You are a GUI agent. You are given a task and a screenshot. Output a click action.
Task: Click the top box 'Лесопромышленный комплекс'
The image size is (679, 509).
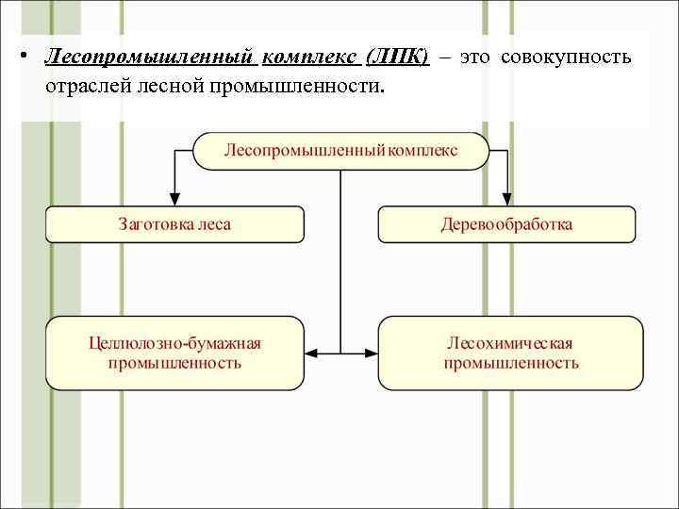pyautogui.click(x=340, y=151)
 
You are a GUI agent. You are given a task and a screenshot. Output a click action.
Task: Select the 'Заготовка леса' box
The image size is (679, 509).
pyautogui.click(x=174, y=224)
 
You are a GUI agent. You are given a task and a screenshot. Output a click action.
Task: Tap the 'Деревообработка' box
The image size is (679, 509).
pyautogui.click(x=506, y=224)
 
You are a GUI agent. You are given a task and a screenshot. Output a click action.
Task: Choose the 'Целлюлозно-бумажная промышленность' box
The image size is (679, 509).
pyautogui.click(x=174, y=353)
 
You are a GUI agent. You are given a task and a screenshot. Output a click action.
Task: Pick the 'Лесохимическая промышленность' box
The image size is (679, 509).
pyautogui.click(x=510, y=353)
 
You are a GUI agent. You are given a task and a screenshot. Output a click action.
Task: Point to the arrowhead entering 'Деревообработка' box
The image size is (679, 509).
pyautogui.click(x=506, y=199)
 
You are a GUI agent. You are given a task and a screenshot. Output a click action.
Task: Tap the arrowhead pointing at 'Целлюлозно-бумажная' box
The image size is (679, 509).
pyautogui.click(x=312, y=353)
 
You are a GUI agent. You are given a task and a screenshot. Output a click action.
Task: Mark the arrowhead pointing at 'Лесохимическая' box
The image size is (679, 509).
pyautogui.click(x=371, y=353)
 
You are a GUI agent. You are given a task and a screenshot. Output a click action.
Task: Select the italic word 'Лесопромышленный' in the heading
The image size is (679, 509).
pyautogui.click(x=150, y=57)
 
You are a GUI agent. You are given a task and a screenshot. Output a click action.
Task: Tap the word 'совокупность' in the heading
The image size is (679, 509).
pyautogui.click(x=566, y=57)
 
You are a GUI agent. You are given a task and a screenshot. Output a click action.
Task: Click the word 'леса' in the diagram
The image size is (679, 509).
pyautogui.click(x=215, y=224)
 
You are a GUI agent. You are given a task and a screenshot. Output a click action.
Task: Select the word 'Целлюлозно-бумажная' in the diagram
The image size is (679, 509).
pyautogui.click(x=174, y=344)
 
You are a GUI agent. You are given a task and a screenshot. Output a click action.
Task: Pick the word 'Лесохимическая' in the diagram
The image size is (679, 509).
pyautogui.click(x=510, y=344)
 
